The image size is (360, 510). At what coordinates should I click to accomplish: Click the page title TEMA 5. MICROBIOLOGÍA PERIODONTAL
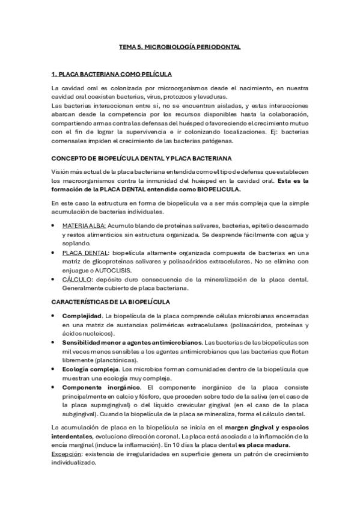pos(180,46)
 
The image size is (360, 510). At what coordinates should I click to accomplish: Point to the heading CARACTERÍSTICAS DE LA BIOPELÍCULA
pos(111,301)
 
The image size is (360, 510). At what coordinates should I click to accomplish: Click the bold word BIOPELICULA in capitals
pos(215,189)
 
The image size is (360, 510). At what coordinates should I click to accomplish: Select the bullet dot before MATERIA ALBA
pos(55,225)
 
